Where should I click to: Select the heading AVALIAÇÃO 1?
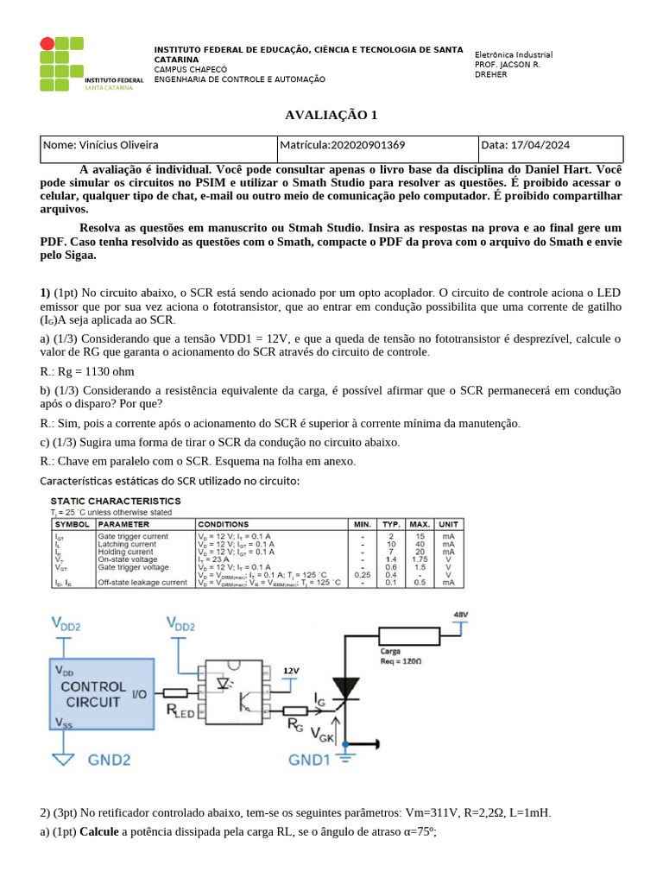[x=331, y=115]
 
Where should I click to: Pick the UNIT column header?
[x=448, y=524]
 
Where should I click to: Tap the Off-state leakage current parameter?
[x=142, y=583]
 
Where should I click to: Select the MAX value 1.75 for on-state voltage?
[x=420, y=559]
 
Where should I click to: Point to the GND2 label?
[x=110, y=761]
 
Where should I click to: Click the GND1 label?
[x=310, y=761]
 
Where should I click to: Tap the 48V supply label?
[x=461, y=614]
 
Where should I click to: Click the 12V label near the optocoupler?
[x=292, y=670]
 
